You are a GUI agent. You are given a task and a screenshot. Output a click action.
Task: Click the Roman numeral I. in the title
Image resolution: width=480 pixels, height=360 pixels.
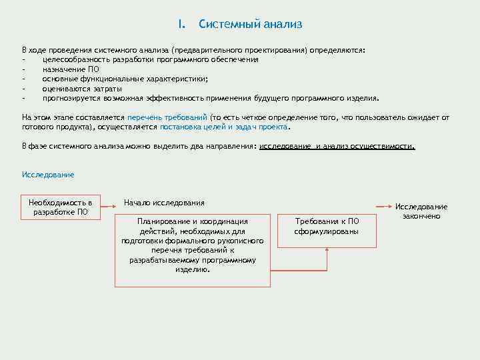click(x=181, y=25)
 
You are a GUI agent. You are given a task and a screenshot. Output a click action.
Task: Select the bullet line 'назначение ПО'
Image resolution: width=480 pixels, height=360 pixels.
click(x=71, y=69)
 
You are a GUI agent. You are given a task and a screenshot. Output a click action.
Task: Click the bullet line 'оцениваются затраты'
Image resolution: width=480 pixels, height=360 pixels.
click(x=82, y=88)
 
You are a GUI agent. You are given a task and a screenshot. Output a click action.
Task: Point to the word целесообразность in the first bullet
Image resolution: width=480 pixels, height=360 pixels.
click(x=75, y=59)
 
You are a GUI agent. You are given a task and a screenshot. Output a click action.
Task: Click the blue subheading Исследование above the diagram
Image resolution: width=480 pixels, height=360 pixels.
click(x=48, y=175)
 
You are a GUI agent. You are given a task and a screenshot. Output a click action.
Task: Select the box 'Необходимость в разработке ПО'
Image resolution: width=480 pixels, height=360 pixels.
click(x=61, y=207)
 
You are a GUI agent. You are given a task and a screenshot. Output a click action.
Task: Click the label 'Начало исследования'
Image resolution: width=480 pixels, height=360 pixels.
click(x=164, y=203)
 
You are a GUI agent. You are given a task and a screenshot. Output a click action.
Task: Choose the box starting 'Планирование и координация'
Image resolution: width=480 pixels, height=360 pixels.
click(x=193, y=250)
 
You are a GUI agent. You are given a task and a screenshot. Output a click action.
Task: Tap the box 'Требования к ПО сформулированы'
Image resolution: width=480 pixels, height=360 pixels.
click(x=327, y=226)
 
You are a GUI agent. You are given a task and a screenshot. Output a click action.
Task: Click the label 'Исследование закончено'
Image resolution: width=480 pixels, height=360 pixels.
click(x=421, y=211)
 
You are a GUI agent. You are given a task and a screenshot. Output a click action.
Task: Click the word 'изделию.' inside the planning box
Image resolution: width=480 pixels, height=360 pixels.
click(x=193, y=270)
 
